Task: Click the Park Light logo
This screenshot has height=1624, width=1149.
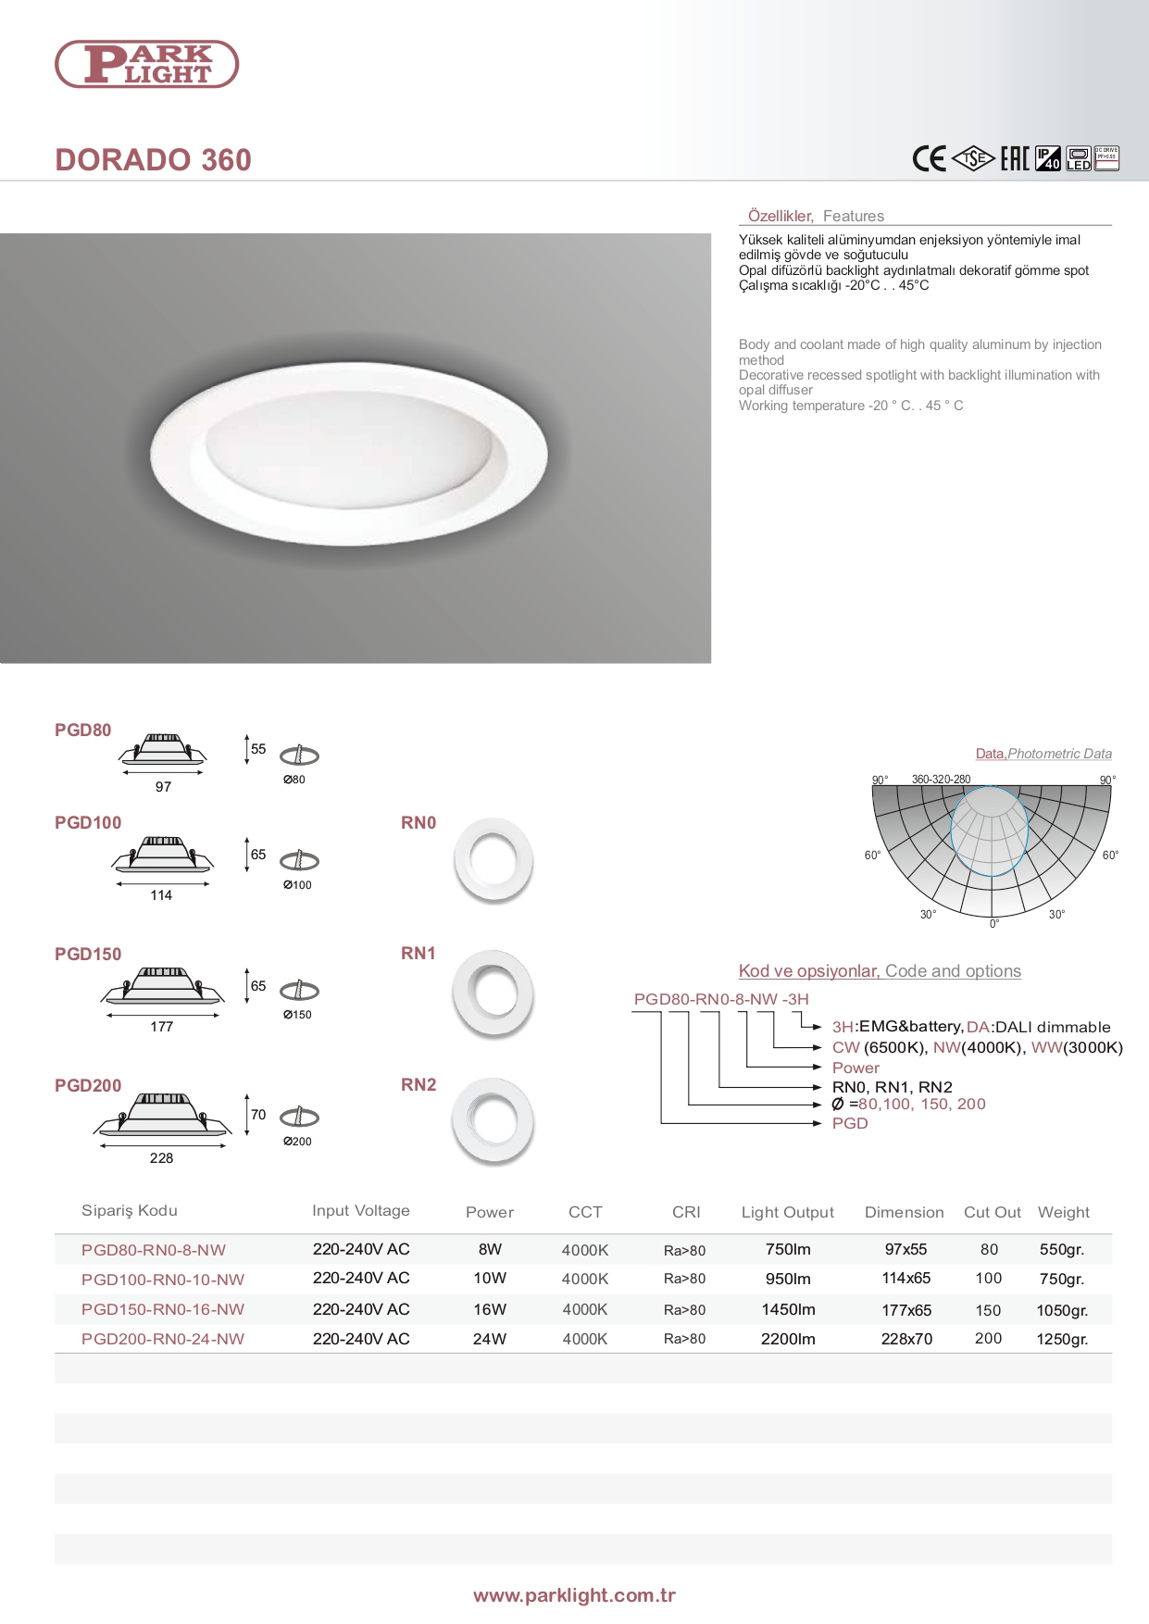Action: click(x=147, y=64)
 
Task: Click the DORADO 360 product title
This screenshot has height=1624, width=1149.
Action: click(x=153, y=160)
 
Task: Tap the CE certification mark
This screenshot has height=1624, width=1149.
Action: click(x=929, y=159)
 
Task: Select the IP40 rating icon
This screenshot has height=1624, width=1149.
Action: click(x=1047, y=158)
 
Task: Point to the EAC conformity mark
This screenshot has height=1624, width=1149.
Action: click(x=1015, y=159)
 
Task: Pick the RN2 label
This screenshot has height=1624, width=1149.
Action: click(x=418, y=1084)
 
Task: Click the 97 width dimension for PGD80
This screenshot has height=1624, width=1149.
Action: click(x=163, y=787)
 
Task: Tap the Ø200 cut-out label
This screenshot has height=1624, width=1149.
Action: click(x=297, y=1142)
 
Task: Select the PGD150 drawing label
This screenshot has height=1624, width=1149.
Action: click(x=88, y=954)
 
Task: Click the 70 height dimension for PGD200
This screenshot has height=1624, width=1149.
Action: click(x=258, y=1115)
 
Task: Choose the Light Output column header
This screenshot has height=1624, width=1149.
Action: click(x=787, y=1212)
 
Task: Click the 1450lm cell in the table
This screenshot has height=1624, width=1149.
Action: click(x=788, y=1309)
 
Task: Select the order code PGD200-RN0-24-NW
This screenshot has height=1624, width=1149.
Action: click(x=163, y=1339)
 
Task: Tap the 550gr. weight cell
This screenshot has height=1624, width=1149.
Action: click(x=1062, y=1249)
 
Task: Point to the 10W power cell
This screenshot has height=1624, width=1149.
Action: click(x=490, y=1279)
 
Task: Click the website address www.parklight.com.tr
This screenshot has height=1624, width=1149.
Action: click(x=574, y=1595)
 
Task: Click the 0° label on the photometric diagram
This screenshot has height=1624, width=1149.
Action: click(x=994, y=924)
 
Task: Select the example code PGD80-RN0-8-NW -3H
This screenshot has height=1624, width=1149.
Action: click(x=721, y=999)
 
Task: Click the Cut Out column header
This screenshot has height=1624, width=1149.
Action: click(x=992, y=1212)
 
